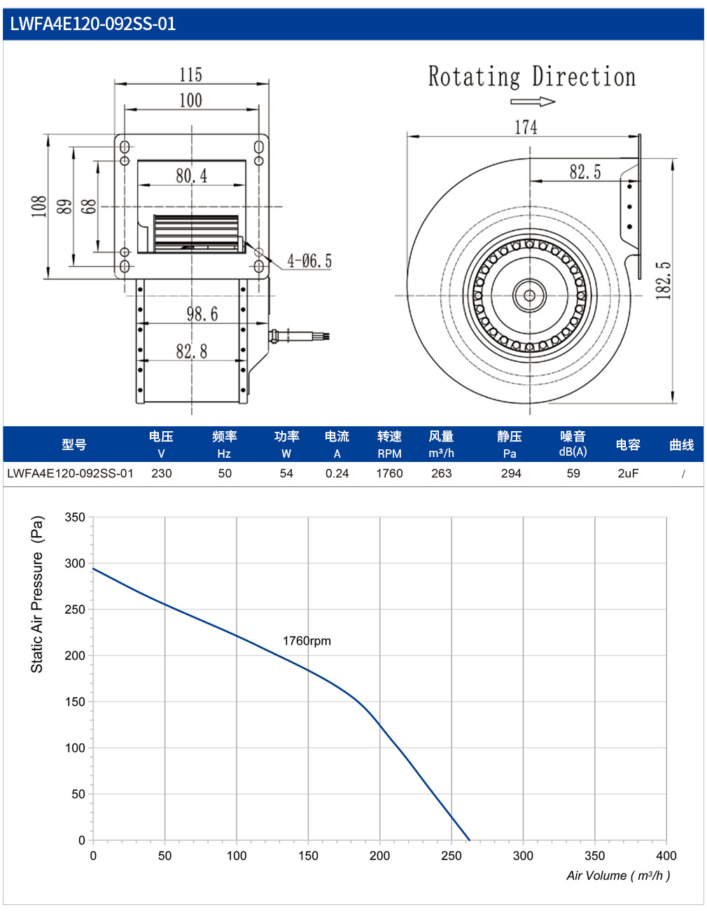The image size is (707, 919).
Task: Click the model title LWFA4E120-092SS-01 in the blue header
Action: coord(92,24)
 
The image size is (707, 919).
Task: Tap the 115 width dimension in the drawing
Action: coord(190,75)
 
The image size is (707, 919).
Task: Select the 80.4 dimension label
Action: coord(192,176)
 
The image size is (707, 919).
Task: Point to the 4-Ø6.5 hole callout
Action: coord(309,261)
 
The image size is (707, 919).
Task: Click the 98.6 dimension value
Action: coord(202,314)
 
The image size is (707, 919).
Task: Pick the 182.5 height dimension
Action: coord(664,281)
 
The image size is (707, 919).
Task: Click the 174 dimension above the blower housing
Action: coord(526,127)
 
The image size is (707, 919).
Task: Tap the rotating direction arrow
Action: coord(533,101)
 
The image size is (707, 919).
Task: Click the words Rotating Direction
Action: coord(532,76)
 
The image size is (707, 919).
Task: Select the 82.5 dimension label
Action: coord(584,171)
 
